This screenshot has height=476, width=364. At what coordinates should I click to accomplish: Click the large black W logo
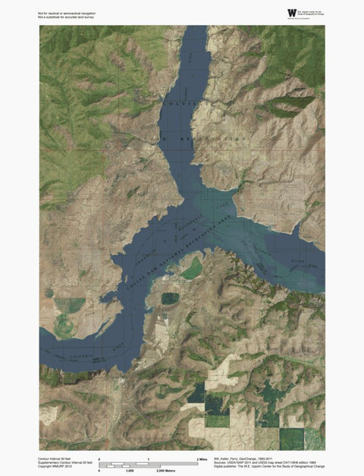tap(292, 12)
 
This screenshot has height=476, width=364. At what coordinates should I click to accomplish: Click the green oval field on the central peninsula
tap(193, 268)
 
